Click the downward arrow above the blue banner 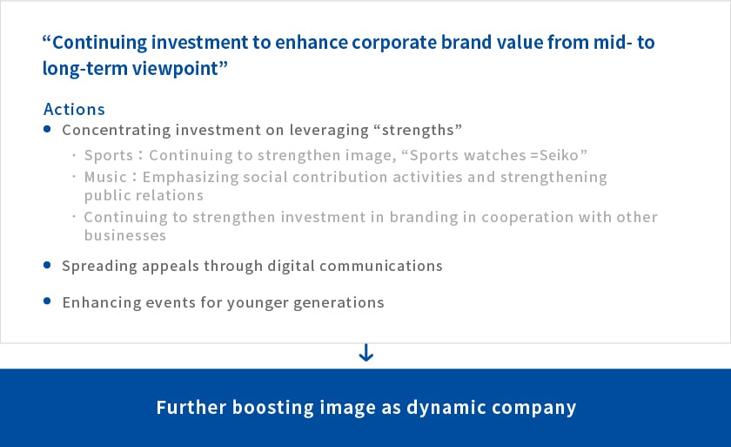[x=366, y=353]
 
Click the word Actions [x=74, y=109]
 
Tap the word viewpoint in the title [x=175, y=69]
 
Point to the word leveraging [x=329, y=130]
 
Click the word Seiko [x=559, y=155]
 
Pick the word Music [x=105, y=177]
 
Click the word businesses [x=125, y=235]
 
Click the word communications [x=381, y=266]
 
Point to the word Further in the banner [x=191, y=407]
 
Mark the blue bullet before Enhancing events [x=47, y=301]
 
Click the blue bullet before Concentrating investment [x=47, y=129]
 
